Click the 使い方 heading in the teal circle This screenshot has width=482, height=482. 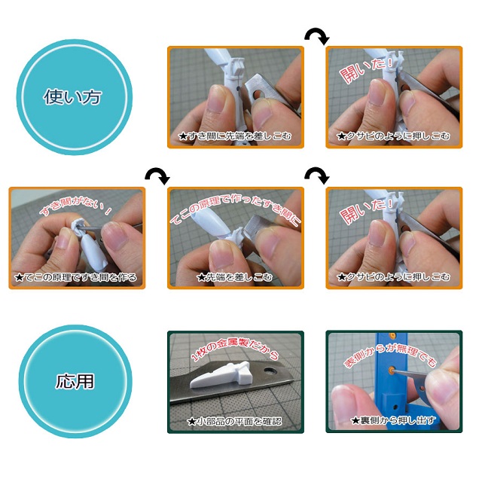[x=72, y=97]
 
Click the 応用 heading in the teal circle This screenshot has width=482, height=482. [x=75, y=381]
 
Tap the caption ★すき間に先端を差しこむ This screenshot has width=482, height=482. [x=235, y=136]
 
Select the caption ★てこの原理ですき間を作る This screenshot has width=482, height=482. [x=75, y=277]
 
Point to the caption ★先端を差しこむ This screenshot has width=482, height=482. [x=235, y=277]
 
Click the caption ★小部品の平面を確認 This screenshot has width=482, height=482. [x=235, y=421]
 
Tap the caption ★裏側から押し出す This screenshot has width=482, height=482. [x=394, y=420]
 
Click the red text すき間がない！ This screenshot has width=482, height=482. [x=75, y=206]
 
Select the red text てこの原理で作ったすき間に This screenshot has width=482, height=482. [x=235, y=209]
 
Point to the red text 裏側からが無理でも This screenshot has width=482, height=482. [x=390, y=355]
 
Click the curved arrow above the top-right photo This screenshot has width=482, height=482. [x=317, y=36]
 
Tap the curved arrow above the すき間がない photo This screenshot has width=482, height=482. [x=157, y=175]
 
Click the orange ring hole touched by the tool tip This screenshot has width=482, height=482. [x=392, y=370]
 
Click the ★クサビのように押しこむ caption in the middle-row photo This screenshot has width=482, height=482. [x=393, y=277]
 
